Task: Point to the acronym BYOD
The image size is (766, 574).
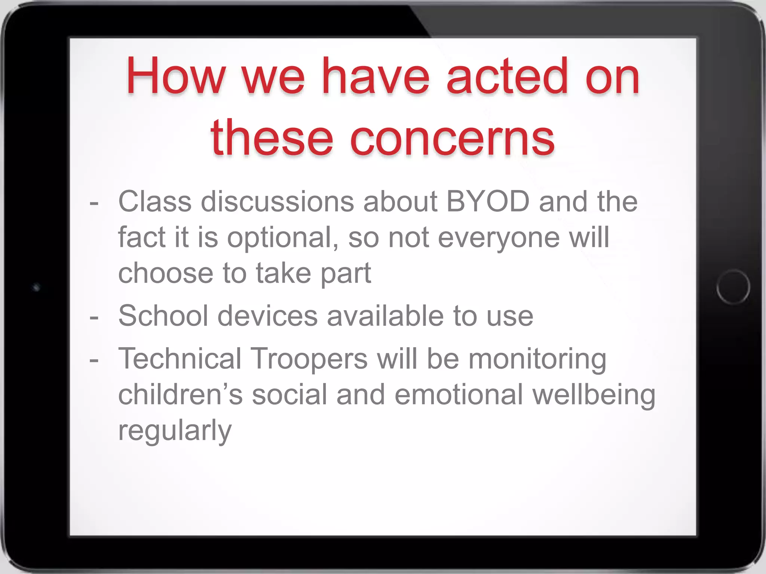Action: pyautogui.click(x=488, y=202)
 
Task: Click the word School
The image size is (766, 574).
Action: pyautogui.click(x=163, y=316)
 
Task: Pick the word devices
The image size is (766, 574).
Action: pyautogui.click(x=267, y=316)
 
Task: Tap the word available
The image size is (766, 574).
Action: pyautogui.click(x=386, y=316)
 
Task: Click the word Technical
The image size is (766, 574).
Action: pyautogui.click(x=180, y=359)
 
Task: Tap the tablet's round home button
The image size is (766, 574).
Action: pyautogui.click(x=733, y=287)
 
